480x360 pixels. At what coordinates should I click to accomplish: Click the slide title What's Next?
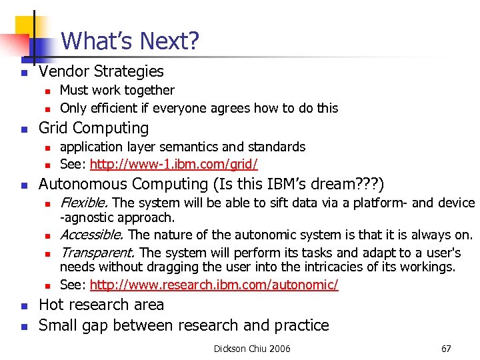click(x=130, y=41)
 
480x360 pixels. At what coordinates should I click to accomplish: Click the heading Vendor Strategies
click(x=101, y=71)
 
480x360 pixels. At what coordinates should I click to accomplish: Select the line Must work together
click(x=117, y=90)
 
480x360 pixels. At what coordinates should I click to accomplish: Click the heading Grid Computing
click(x=93, y=127)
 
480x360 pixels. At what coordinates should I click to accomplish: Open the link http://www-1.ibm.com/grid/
click(x=173, y=164)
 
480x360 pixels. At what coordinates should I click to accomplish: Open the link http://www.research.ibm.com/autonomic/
click(x=214, y=285)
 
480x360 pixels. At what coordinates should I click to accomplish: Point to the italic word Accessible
click(x=91, y=235)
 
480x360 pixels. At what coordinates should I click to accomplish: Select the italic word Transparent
click(x=98, y=253)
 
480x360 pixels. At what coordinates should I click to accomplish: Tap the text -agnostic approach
click(x=117, y=217)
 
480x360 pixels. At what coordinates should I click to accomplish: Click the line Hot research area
click(x=101, y=305)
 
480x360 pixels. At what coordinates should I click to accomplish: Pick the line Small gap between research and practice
click(x=183, y=325)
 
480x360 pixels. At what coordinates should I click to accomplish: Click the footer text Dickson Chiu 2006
click(x=252, y=349)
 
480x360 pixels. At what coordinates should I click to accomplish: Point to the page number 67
click(x=447, y=349)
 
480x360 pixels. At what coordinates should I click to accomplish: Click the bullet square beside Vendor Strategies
click(x=23, y=73)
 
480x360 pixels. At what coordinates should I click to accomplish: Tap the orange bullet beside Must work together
click(x=47, y=91)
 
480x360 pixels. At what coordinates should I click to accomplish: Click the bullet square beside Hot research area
click(x=23, y=306)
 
